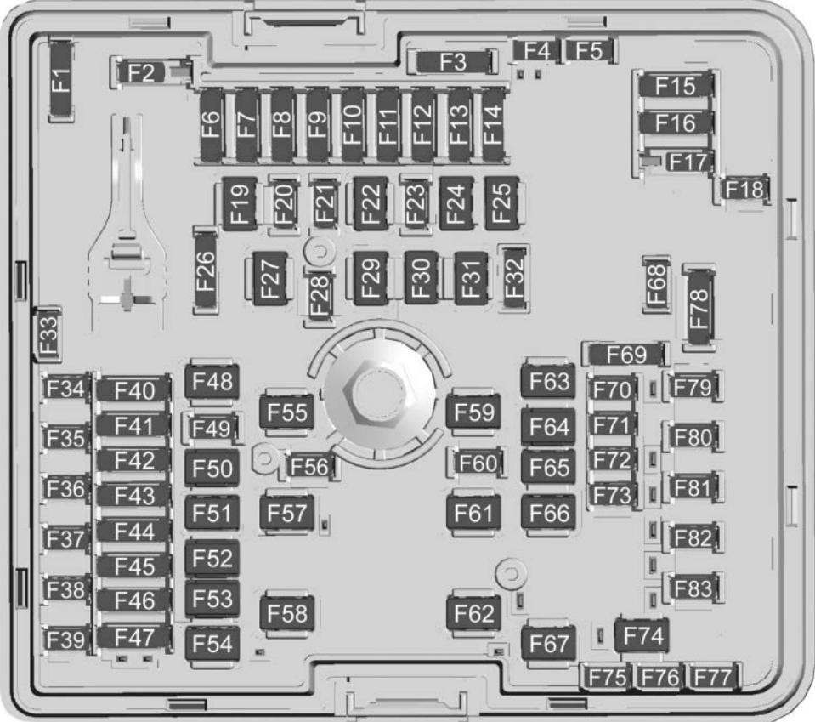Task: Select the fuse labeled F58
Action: (x=287, y=612)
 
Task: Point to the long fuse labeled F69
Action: (x=625, y=355)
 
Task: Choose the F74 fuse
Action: (x=641, y=634)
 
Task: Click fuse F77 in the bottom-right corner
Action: (x=713, y=677)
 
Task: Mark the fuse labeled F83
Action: (x=692, y=587)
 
